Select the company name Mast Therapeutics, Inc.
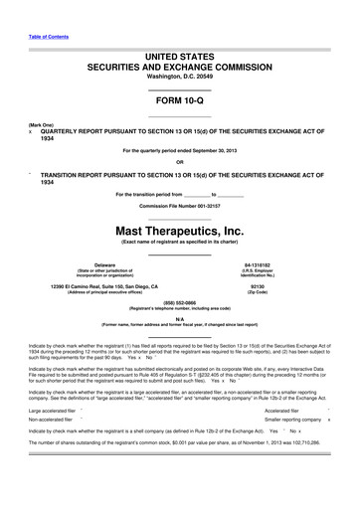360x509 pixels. point(179,230)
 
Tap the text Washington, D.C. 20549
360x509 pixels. point(179,77)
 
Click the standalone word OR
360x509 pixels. point(179,162)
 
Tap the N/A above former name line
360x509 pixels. point(179,318)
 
